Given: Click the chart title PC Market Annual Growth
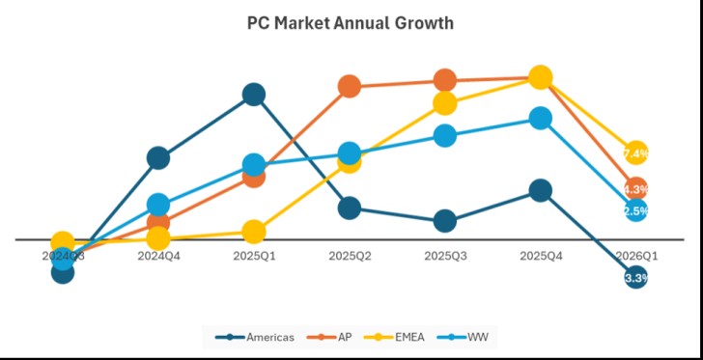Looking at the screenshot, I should (x=350, y=23).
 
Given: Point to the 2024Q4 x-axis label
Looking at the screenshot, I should (x=158, y=257).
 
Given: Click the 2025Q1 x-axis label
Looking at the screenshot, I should (x=254, y=257).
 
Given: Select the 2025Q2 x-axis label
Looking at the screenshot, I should (x=350, y=257).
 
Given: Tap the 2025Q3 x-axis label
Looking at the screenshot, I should (x=445, y=257).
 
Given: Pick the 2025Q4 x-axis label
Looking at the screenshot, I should (x=541, y=257).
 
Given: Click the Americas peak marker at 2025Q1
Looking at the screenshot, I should (x=254, y=94).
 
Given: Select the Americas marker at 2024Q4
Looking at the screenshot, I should (x=158, y=158).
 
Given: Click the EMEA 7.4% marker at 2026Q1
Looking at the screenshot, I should (x=635, y=152).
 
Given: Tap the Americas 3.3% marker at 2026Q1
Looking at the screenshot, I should (x=635, y=278).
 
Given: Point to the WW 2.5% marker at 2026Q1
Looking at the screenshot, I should (x=635, y=209).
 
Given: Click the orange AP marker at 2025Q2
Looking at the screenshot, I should (x=350, y=87).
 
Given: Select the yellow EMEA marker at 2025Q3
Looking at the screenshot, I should (x=445, y=103).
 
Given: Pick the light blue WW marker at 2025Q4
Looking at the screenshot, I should (x=541, y=118).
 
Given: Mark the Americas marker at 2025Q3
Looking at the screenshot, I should (x=445, y=221).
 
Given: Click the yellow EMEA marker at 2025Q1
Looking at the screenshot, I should (x=254, y=232).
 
